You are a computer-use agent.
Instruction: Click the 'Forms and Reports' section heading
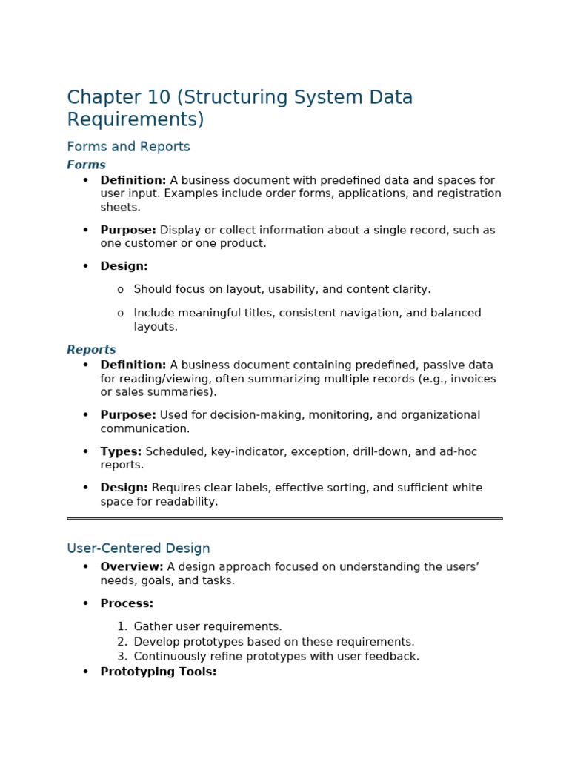[x=128, y=147]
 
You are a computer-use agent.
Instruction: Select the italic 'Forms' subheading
[x=86, y=165]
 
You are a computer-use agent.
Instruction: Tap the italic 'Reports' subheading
[x=91, y=350]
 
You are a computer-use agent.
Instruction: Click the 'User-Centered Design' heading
[x=139, y=548]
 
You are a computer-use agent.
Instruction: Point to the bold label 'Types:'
[x=121, y=451]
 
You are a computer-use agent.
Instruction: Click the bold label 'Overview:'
[x=132, y=567]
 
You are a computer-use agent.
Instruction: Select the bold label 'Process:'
[x=127, y=604]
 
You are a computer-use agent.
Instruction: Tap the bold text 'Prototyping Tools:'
[x=159, y=672]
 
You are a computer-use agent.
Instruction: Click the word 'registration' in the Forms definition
[x=470, y=194]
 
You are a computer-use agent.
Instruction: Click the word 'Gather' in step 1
[x=152, y=627]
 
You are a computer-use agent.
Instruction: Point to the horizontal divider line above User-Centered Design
[x=284, y=518]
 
